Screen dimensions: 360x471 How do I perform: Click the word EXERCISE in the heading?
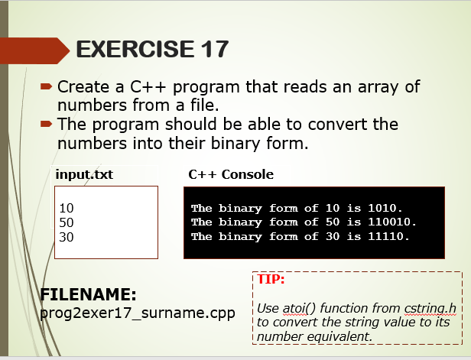(135, 49)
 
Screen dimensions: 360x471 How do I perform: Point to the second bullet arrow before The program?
(47, 123)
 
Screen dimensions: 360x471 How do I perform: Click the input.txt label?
(84, 175)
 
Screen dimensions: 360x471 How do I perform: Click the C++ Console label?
(231, 175)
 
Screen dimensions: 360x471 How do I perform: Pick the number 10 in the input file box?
(67, 208)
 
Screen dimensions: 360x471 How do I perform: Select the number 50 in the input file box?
(67, 222)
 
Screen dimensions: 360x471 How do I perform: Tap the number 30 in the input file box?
(67, 237)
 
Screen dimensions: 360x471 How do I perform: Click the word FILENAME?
(88, 294)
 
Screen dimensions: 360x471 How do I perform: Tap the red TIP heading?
(271, 279)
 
